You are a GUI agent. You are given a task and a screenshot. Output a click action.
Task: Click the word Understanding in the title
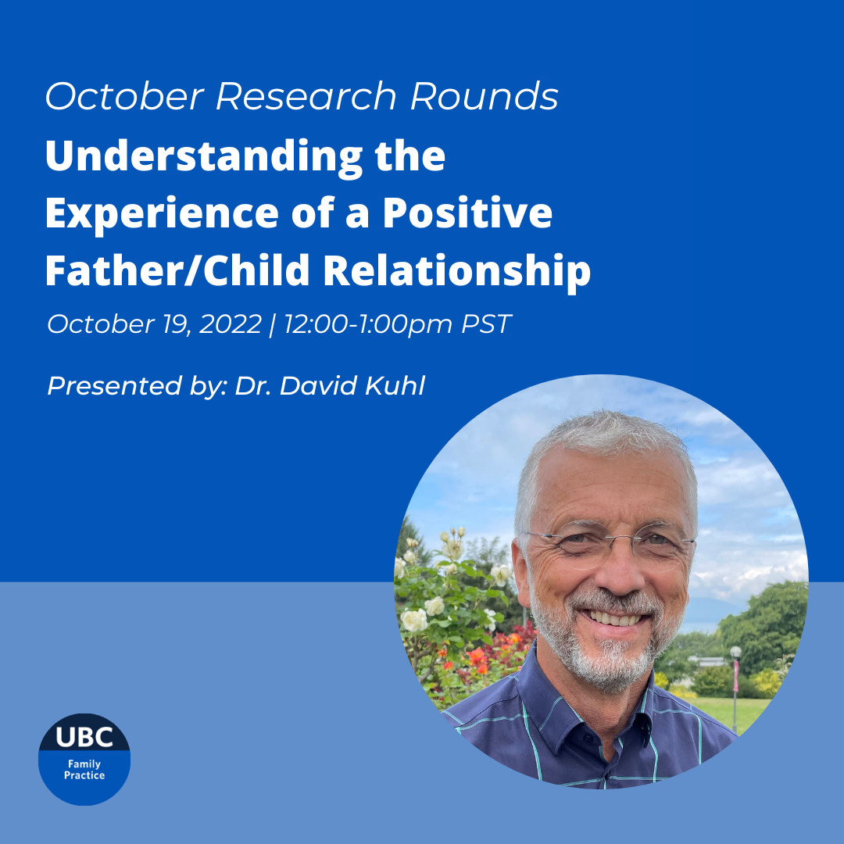point(204,157)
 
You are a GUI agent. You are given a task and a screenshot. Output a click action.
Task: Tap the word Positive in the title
point(467,213)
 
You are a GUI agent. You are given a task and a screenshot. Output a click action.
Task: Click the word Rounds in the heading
point(484,96)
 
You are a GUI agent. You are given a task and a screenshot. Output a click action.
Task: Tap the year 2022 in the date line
point(231,324)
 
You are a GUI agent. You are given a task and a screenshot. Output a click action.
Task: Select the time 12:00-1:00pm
point(368,324)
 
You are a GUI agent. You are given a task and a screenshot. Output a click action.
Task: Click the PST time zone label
point(486,324)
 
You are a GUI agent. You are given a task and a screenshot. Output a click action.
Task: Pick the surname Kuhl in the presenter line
point(395,386)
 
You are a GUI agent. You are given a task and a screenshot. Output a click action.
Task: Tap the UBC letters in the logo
point(84,737)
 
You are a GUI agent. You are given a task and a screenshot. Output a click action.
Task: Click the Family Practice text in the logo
point(84,770)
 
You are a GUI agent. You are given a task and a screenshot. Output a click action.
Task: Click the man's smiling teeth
point(613,618)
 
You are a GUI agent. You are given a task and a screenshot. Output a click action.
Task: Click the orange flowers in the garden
point(477,656)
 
